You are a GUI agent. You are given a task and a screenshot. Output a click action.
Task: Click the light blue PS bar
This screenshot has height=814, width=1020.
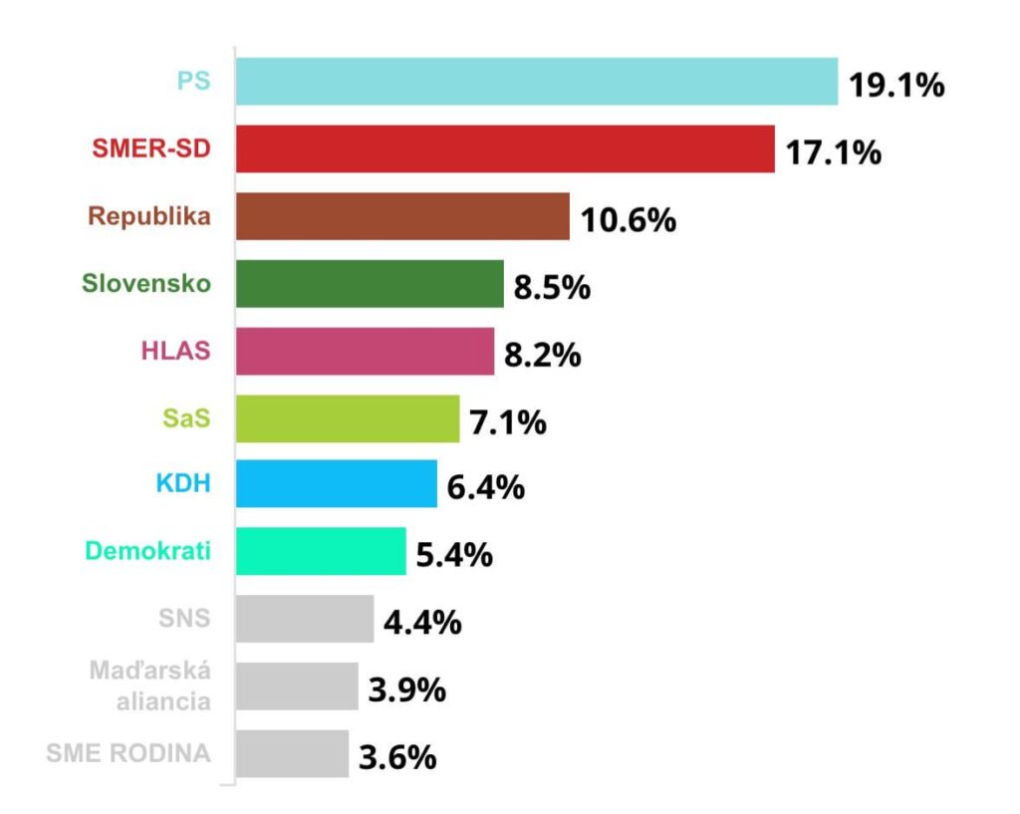tap(537, 82)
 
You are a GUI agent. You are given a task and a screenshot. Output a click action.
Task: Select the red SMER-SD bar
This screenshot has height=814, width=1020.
tap(505, 149)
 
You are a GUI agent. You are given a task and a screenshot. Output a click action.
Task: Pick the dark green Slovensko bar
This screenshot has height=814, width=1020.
tap(370, 285)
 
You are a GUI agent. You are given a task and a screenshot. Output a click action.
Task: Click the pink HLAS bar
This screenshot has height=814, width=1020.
tap(365, 352)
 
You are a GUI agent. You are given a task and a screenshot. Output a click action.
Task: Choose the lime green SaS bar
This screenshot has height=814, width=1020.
tap(348, 419)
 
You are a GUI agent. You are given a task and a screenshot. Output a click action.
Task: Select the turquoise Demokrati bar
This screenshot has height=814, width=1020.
tap(321, 552)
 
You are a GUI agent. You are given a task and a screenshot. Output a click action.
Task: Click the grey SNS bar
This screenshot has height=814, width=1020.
tap(305, 620)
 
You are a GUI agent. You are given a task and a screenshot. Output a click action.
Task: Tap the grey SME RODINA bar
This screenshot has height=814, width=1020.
tap(292, 754)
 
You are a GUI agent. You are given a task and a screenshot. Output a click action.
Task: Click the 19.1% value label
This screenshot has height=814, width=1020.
tap(895, 86)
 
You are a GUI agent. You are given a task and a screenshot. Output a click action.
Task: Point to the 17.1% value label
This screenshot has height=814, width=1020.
tap(833, 153)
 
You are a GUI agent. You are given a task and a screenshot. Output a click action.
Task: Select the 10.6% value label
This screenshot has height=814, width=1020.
tap(628, 220)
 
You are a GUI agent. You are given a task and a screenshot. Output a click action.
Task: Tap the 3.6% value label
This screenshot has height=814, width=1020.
tap(397, 757)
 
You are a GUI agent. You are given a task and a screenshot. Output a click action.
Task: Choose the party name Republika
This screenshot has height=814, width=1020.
tap(149, 216)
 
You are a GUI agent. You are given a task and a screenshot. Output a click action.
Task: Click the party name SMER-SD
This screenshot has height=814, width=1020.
tap(151, 149)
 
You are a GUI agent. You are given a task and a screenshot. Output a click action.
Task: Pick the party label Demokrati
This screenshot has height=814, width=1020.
tap(148, 551)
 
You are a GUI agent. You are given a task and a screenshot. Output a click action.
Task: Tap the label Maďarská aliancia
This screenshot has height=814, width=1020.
tap(150, 685)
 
